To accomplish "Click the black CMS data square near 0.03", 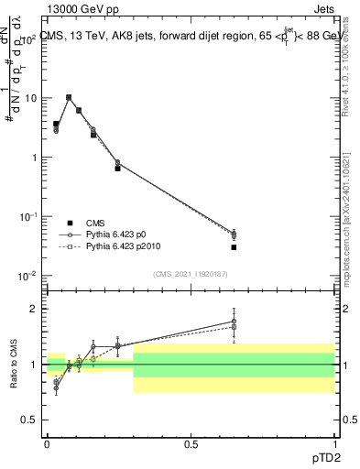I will pos(56,124).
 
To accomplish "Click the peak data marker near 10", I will pos(69,97).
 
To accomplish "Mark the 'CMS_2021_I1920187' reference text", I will pos(190,274).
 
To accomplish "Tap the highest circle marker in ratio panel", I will pos(234,322).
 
